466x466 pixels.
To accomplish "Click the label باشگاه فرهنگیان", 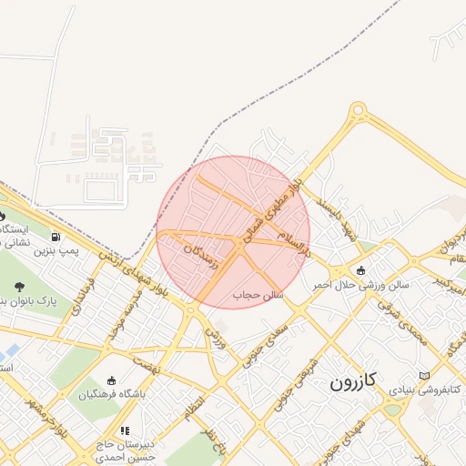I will pyautogui.click(x=112, y=395).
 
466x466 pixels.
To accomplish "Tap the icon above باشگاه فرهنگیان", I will pyautogui.click(x=112, y=380).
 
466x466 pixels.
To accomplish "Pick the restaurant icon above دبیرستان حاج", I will pyautogui.click(x=125, y=431).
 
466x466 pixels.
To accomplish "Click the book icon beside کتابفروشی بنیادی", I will pyautogui.click(x=424, y=376).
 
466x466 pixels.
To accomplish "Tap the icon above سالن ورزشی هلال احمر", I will pyautogui.click(x=362, y=270).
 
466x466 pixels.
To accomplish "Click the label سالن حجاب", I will pyautogui.click(x=260, y=295).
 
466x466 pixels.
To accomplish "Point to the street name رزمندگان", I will pyautogui.click(x=201, y=255).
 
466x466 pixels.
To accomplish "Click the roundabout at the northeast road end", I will pyautogui.click(x=358, y=111).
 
